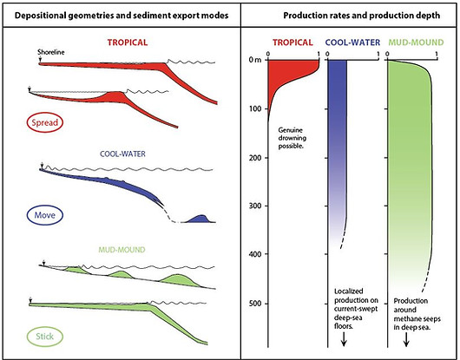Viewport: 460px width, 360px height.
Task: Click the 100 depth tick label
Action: click(x=254, y=108)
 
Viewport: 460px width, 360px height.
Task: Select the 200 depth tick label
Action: click(x=254, y=158)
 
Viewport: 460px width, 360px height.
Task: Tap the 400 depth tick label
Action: click(x=254, y=255)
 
